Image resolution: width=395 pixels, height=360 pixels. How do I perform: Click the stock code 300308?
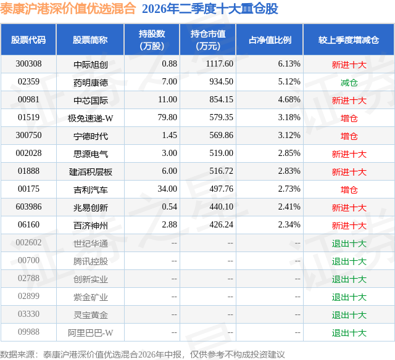click(x=28, y=64)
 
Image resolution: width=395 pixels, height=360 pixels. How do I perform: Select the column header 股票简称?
click(x=90, y=40)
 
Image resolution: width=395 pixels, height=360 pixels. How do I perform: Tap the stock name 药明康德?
click(x=91, y=82)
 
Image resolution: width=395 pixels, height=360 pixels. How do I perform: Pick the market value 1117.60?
click(x=220, y=64)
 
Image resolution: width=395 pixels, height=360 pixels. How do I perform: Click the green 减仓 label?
click(x=349, y=82)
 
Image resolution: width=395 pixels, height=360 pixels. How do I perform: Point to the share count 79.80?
click(x=167, y=118)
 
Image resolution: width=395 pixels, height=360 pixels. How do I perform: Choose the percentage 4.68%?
click(x=289, y=100)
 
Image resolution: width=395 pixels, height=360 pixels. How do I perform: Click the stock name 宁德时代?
click(x=91, y=136)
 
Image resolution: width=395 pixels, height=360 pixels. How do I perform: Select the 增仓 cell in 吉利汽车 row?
click(x=349, y=189)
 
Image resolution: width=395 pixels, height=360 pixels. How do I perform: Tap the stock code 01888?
click(x=28, y=171)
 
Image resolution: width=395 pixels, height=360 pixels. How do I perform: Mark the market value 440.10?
click(x=221, y=207)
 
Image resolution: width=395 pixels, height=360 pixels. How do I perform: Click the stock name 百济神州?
click(x=91, y=225)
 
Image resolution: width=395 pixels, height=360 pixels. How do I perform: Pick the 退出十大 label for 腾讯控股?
click(x=349, y=261)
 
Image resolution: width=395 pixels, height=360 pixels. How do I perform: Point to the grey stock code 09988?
click(x=28, y=332)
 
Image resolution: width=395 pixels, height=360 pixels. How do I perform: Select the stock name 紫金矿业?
click(x=91, y=297)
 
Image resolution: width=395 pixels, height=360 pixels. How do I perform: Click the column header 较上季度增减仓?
click(x=349, y=40)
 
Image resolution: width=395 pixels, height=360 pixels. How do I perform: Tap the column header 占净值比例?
click(x=270, y=40)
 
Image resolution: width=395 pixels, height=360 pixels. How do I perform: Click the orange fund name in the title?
click(x=68, y=9)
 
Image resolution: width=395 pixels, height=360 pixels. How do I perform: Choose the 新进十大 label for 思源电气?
click(x=349, y=153)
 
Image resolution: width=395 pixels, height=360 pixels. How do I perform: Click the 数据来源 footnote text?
click(x=143, y=354)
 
